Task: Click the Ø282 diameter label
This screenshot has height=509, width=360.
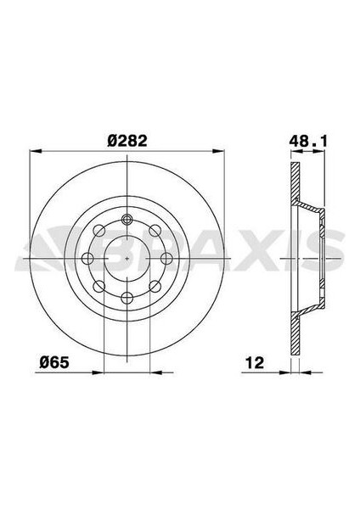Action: coord(125,139)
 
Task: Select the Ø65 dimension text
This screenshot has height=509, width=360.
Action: coord(57,361)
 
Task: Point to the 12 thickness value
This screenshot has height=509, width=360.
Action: coord(255,361)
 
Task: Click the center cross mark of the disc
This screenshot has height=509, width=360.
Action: coord(127,257)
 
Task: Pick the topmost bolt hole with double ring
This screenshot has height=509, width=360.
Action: coord(127,219)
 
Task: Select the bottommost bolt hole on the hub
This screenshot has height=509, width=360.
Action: coord(127,296)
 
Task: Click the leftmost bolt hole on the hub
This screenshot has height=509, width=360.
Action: coord(87,258)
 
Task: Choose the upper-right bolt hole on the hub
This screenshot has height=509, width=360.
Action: coord(154,230)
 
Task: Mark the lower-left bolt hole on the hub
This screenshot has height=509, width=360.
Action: coord(99,285)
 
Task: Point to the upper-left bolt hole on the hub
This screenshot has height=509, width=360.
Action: coord(99,230)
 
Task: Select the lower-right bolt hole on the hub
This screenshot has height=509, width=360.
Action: coord(154,285)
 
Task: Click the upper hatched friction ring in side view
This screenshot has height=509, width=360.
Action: coord(295,195)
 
